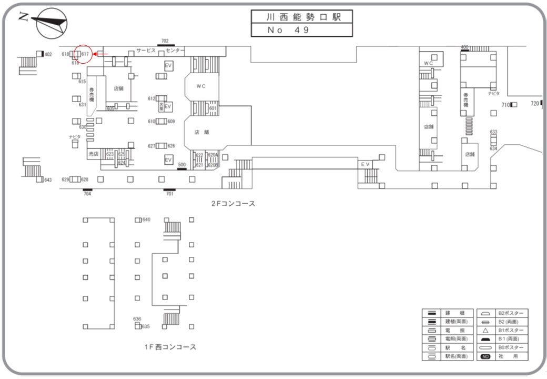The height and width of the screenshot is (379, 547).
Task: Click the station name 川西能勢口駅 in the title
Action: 301,17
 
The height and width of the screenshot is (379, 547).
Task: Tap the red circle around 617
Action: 84,54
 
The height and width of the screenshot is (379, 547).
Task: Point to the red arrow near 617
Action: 102,54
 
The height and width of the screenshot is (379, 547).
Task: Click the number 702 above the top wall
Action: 165,41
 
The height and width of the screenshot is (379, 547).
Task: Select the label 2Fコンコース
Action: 233,204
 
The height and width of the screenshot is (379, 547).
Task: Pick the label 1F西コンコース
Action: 170,347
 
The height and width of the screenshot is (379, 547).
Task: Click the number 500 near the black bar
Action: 182,164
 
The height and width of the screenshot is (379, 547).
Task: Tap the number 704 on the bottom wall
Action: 87,194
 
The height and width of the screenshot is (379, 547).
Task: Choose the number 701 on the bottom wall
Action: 169,194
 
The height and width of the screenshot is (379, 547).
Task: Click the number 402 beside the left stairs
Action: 48,54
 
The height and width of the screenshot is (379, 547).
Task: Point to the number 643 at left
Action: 47,180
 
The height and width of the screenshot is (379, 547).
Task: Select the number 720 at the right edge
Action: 535,103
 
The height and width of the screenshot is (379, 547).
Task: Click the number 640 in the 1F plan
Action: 146,220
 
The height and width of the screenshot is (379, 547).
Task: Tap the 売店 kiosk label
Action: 94,154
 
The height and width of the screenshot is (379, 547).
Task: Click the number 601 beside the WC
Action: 213,108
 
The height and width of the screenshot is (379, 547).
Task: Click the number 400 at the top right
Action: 464,47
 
